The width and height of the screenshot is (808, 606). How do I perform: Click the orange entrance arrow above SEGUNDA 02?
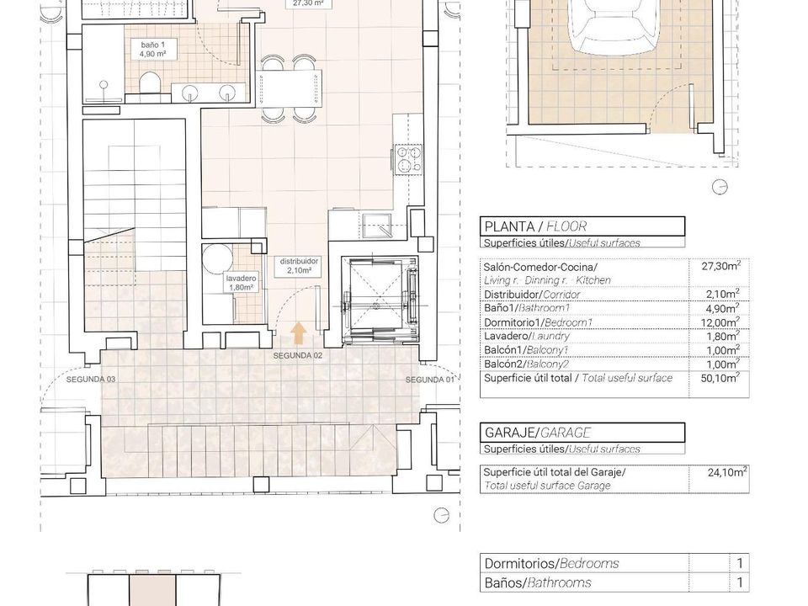point(298,333)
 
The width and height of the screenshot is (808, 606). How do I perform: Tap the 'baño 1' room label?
point(152,45)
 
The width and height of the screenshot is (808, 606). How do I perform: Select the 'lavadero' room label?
point(242,279)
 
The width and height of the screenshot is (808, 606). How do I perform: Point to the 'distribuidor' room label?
point(299,261)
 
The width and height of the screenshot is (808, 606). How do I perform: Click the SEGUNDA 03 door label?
point(91,380)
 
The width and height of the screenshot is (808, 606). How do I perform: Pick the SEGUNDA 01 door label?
point(430,380)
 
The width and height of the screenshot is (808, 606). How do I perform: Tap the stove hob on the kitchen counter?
point(408,159)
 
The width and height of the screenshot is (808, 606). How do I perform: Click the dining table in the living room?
point(290,88)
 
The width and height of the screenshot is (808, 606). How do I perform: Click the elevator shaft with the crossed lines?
point(380,299)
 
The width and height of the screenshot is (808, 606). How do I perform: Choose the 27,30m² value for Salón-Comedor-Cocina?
point(721,266)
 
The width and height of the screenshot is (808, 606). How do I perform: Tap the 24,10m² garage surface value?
point(727,472)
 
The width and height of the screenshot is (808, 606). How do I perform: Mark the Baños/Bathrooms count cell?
point(740,582)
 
